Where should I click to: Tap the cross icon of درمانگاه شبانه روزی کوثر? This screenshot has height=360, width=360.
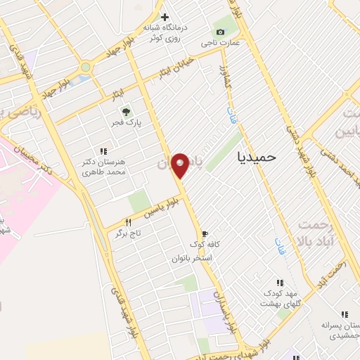(x=165, y=17)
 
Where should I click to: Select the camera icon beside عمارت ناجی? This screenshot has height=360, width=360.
(x=221, y=32)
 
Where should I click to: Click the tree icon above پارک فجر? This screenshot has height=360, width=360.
(x=126, y=111)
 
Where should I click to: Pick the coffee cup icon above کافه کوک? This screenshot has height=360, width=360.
(x=204, y=233)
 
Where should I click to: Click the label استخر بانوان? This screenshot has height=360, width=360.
(x=193, y=258)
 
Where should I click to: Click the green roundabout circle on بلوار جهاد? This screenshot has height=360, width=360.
(x=86, y=67)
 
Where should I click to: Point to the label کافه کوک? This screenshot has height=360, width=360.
(x=204, y=245)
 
